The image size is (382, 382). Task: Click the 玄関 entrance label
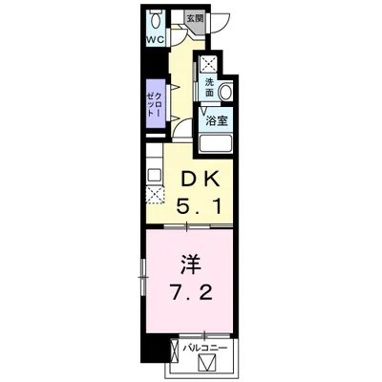pos(195,18)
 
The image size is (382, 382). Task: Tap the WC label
pos(155,40)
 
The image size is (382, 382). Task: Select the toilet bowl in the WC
pos(156,21)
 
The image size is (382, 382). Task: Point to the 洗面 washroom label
pos(209,87)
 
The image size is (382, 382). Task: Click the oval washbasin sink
pos(226,92)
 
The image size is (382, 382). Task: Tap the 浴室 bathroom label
pos(216,121)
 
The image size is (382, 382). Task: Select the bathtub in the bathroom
pos(216,144)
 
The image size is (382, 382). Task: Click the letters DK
pos(199,180)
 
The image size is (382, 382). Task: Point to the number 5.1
pos(199,208)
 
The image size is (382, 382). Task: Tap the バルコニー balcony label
pos(204,348)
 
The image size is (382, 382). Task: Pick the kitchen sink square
pos(155,175)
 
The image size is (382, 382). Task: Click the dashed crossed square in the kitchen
pos(155,195)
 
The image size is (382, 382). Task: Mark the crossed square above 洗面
pos(207,65)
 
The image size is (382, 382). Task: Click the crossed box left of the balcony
pos(175,351)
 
